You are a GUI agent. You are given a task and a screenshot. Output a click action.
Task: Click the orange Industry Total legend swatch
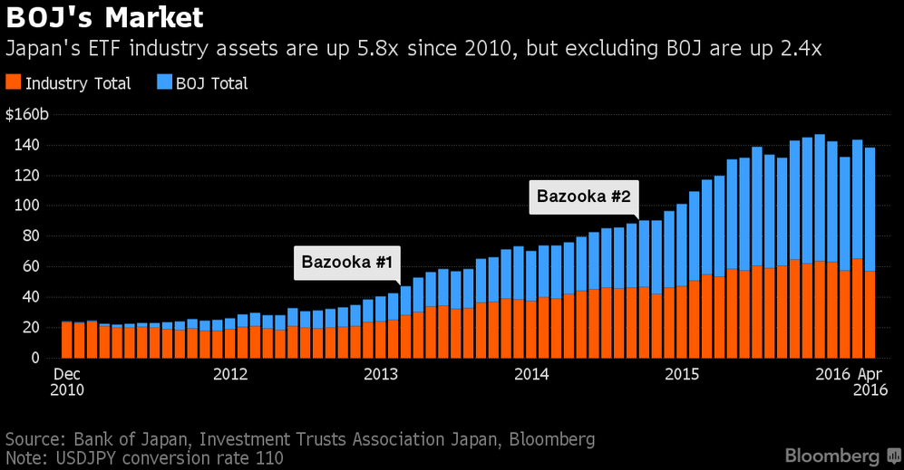(14, 83)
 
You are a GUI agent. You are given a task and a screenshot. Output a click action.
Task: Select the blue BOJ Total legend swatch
(163, 83)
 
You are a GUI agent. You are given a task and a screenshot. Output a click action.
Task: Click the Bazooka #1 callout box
(346, 262)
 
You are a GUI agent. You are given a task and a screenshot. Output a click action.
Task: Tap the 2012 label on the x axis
(231, 373)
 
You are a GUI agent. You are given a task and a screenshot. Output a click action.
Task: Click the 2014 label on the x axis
(532, 373)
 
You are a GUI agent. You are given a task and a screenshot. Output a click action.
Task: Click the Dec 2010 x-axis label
(66, 381)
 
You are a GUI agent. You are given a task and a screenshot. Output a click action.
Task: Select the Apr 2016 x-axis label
(869, 381)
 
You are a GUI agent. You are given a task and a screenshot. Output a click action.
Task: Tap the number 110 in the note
(269, 458)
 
